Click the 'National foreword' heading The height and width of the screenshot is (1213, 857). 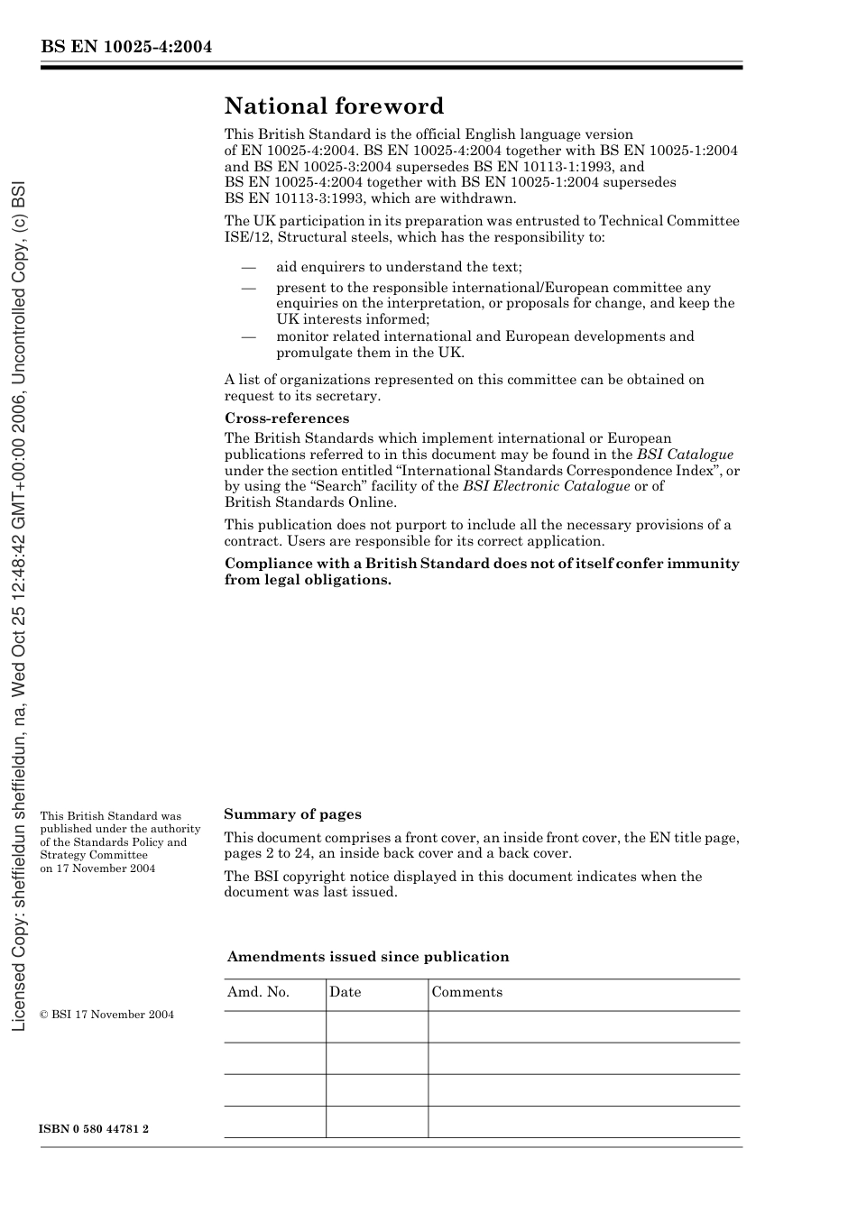[x=334, y=106]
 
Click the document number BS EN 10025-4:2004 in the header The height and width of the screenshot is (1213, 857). [x=126, y=47]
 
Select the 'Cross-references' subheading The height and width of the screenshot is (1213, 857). [x=286, y=418]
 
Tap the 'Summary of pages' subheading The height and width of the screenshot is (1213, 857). [x=292, y=814]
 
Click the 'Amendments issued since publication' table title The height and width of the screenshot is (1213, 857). [x=368, y=957]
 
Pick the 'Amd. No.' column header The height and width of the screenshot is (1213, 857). [x=258, y=992]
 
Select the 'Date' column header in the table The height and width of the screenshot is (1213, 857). [x=345, y=992]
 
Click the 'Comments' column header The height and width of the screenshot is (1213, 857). [x=466, y=992]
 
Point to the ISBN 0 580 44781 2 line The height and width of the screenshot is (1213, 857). [x=95, y=1129]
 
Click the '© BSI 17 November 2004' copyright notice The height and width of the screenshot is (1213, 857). [x=106, y=1015]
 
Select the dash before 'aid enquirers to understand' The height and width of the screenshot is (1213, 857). [x=248, y=267]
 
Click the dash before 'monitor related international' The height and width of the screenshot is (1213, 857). [x=248, y=336]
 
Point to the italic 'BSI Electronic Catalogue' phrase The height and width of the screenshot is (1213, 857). [x=546, y=486]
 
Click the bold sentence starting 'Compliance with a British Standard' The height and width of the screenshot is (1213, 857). [x=482, y=572]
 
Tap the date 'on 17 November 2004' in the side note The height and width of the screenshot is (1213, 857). [x=97, y=868]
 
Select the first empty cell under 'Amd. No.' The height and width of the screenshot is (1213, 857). [x=274, y=1026]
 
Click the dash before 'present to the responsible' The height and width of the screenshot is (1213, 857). [x=248, y=288]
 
